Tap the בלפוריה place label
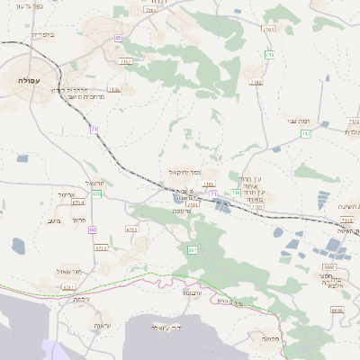pyautogui.click(x=42, y=35)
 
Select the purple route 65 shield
pyautogui.click(x=119, y=38)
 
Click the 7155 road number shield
pyautogui.click(x=113, y=90)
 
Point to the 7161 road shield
pyautogui.click(x=268, y=30)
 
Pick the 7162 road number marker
pyautogui.click(x=256, y=82)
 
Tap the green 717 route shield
pyautogui.click(x=306, y=134)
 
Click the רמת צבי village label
pyautogui.click(x=299, y=121)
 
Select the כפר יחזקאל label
pyautogui.click(x=183, y=171)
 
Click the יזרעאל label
pyautogui.click(x=94, y=183)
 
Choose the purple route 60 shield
pyautogui.click(x=93, y=229)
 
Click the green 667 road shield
pyautogui.click(x=192, y=248)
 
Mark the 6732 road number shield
pyautogui.click(x=132, y=229)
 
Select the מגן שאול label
pyautogui.click(x=67, y=270)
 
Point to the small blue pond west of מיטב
pyautogui.click(x=19, y=244)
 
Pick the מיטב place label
pyautogui.click(x=53, y=220)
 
